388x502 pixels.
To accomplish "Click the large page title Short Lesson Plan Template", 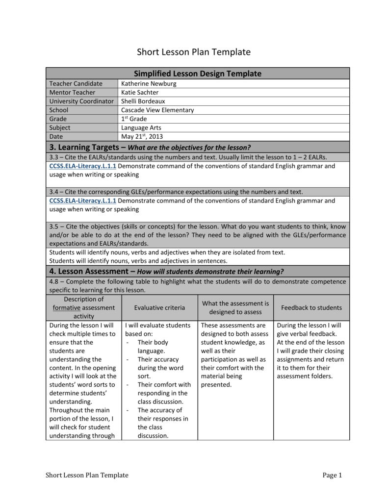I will (x=193, y=52).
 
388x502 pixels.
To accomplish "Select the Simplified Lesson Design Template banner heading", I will (x=198, y=74).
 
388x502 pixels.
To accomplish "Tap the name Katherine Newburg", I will (x=149, y=84).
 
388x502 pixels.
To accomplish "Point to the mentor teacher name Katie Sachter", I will (x=140, y=93).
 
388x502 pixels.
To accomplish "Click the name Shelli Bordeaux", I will (x=143, y=101).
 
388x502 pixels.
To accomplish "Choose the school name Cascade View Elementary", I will (x=157, y=110).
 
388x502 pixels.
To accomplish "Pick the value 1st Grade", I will (x=134, y=119).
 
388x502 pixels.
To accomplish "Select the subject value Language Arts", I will (x=142, y=128).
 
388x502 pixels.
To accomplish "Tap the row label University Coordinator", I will (x=81, y=101).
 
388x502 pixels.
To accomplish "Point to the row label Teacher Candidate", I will (x=76, y=84).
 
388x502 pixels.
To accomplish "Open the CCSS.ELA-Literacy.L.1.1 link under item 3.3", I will (x=83, y=166).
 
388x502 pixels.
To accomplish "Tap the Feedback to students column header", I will (x=311, y=308).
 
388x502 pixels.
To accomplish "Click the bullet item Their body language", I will (x=153, y=347).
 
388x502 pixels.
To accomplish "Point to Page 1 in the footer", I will (x=332, y=475).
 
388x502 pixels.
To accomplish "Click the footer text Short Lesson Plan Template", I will (x=87, y=475).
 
